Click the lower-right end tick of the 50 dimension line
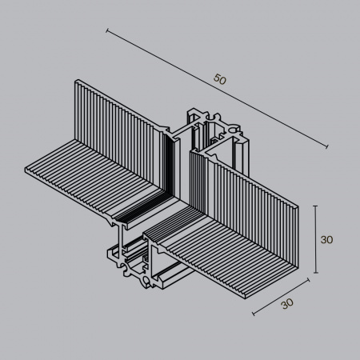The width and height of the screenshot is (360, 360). tap(326, 146)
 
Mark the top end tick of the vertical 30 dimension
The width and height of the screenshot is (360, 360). tap(318, 206)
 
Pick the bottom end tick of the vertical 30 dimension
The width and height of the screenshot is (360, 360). tap(318, 273)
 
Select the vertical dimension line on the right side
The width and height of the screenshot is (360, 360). tap(318, 239)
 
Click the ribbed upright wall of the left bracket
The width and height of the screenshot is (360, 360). tap(120, 120)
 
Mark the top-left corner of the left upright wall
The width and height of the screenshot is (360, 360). tap(76, 80)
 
